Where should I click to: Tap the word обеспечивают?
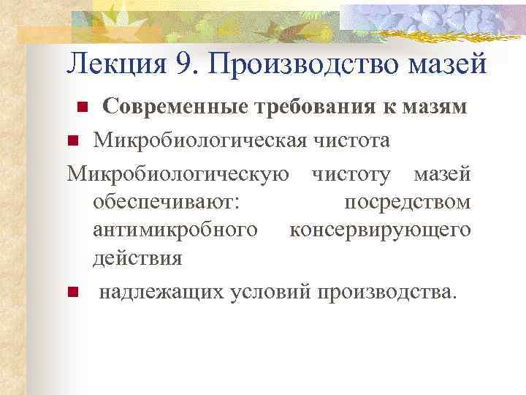pos(163,201)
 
